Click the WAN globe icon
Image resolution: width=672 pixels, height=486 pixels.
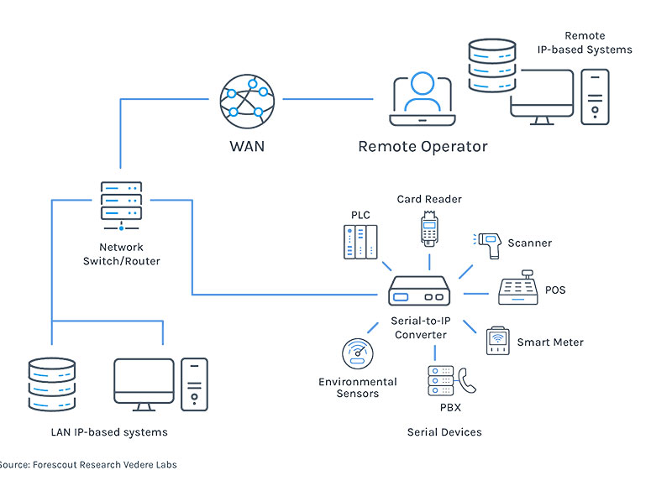247,100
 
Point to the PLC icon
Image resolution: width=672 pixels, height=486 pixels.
360,244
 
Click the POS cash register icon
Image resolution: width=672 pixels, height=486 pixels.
519,289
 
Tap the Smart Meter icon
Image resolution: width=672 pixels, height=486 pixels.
497,340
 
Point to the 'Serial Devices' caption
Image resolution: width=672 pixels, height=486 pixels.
444,432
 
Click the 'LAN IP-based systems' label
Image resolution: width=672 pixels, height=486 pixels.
109,432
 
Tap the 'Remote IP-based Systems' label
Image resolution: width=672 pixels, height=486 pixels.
585,43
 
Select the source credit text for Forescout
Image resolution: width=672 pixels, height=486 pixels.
87,464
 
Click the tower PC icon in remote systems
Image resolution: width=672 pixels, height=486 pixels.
595,97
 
